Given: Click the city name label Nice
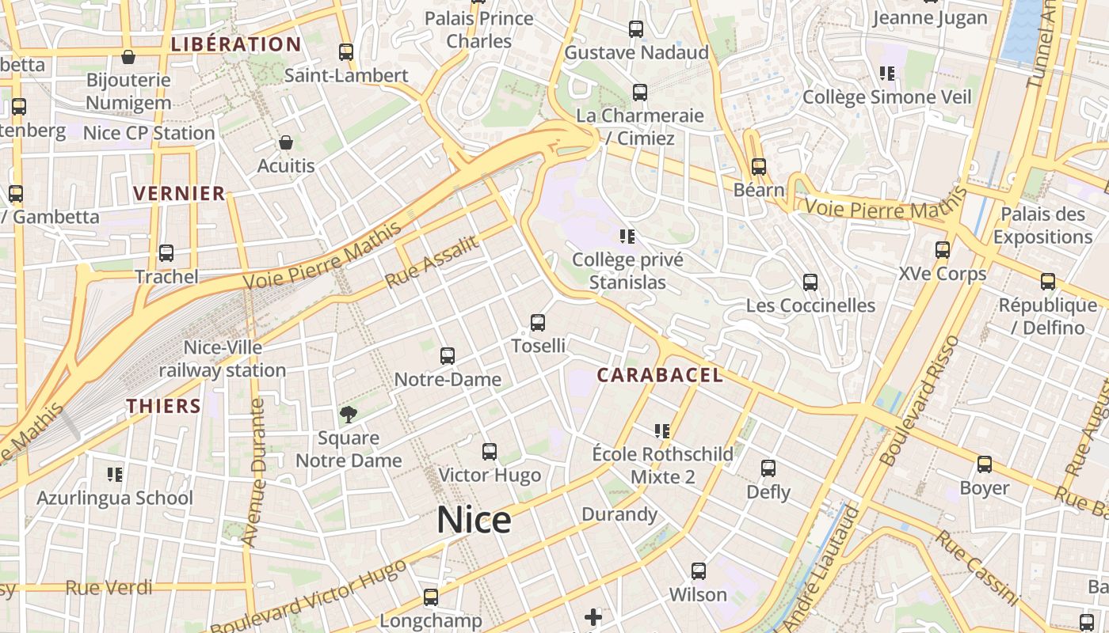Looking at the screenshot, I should [474, 520].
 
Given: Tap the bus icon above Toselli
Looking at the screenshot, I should [538, 323].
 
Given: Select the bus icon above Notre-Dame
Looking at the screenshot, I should [448, 356].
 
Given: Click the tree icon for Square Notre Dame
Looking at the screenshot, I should [348, 414].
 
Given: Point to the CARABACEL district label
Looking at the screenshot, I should [660, 375].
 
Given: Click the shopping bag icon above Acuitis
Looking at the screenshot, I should [286, 142].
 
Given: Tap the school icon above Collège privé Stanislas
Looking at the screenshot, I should [627, 236].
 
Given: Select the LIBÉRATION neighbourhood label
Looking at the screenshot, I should [236, 44].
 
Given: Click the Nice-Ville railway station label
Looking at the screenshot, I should [223, 359].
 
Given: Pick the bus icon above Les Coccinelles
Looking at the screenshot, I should [810, 282].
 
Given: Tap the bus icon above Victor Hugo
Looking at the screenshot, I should [490, 452].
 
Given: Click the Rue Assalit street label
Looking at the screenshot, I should [433, 262].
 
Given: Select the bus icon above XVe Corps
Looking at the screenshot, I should [943, 250].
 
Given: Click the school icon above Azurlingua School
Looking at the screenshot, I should [115, 475].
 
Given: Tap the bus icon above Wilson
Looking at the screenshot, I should [698, 570].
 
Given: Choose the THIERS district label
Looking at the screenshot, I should [164, 406].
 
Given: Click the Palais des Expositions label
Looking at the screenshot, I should [1042, 226].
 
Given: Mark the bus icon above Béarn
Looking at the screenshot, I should [759, 167].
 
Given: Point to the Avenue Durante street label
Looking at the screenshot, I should [255, 472].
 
